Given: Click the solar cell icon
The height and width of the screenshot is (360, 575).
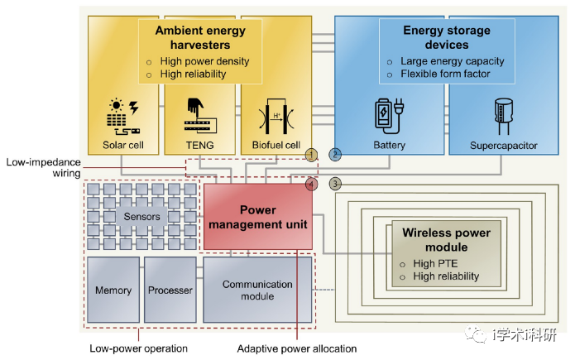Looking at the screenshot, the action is click(x=123, y=117).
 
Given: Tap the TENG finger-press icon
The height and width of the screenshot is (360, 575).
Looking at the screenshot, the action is click(x=200, y=116).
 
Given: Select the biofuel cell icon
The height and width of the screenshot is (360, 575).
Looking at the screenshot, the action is click(x=276, y=116).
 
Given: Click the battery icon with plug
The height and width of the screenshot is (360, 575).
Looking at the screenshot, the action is click(x=389, y=117).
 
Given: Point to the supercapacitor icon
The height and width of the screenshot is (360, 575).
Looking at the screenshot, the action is click(x=504, y=117).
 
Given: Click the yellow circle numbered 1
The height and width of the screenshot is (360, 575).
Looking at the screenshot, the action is click(x=311, y=155).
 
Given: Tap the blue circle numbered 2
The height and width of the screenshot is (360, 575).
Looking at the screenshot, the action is click(x=335, y=155).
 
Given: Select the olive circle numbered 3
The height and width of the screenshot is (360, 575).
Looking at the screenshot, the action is click(x=335, y=184).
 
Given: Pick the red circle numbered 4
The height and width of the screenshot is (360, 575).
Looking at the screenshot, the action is click(x=311, y=184).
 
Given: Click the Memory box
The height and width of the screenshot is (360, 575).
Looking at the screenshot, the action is click(x=113, y=290).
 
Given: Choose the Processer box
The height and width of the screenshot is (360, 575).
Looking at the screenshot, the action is click(x=170, y=290).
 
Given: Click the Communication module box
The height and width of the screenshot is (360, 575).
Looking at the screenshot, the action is click(x=257, y=290).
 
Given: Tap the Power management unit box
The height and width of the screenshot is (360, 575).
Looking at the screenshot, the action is click(x=258, y=217).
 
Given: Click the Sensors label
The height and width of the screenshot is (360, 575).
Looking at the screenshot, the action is click(x=142, y=217).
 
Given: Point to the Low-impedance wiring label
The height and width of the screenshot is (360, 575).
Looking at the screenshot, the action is click(x=43, y=168).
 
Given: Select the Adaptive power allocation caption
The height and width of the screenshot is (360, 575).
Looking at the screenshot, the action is click(x=297, y=348).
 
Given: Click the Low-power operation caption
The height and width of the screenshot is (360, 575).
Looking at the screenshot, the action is click(x=139, y=348).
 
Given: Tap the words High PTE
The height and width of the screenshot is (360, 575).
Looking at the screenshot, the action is click(x=435, y=263).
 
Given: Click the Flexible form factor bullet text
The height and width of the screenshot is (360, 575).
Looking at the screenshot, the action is click(x=445, y=74).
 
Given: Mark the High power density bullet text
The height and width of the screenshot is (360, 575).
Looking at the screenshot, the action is click(x=204, y=61).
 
